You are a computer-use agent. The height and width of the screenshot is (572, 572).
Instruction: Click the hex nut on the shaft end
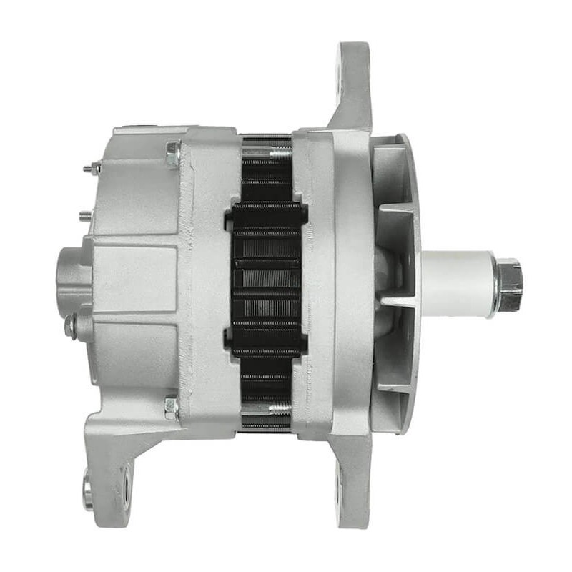click(x=509, y=285)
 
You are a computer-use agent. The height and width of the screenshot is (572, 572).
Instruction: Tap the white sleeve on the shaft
click(x=458, y=284)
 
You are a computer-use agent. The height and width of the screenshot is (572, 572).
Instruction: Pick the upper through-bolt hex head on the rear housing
click(x=172, y=153)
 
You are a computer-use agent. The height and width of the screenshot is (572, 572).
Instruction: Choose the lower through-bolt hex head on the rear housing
click(x=172, y=407)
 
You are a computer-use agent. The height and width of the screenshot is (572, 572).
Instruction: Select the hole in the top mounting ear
click(x=340, y=87)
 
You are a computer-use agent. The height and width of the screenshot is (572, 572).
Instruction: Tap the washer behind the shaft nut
click(x=495, y=285)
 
